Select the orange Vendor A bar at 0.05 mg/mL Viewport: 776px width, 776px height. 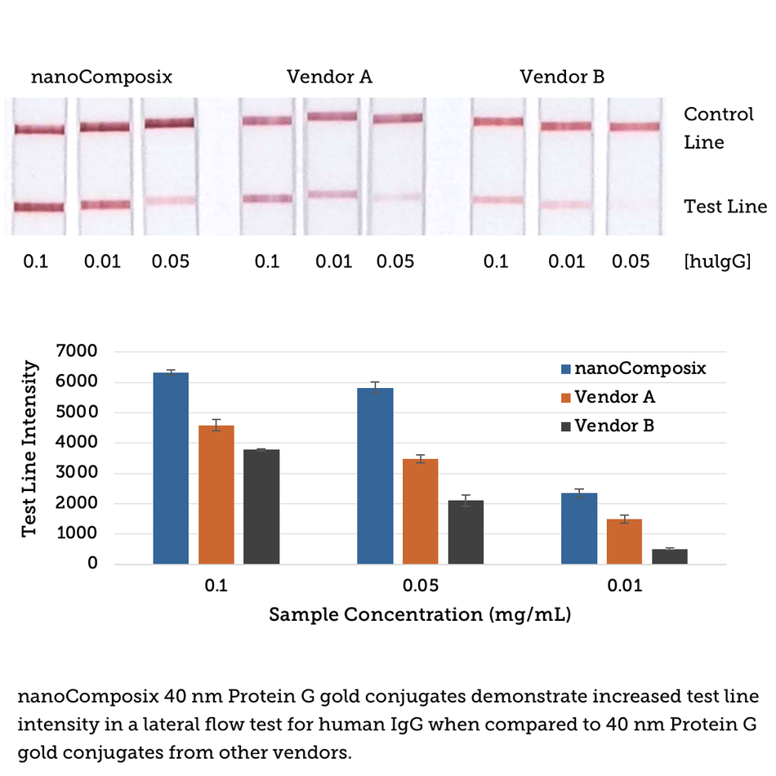click(x=421, y=511)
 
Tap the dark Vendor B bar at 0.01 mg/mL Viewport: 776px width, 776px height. click(x=669, y=556)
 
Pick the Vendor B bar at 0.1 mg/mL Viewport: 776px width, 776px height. click(x=261, y=506)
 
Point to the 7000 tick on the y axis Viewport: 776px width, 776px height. click(x=75, y=352)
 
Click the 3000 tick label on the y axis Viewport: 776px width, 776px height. click(x=75, y=473)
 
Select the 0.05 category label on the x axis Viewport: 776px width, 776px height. click(x=421, y=586)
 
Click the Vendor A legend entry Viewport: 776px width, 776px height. click(x=614, y=398)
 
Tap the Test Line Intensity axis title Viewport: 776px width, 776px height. click(x=29, y=449)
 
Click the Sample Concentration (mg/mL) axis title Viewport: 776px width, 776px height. click(x=420, y=615)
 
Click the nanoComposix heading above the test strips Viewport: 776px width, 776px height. click(x=102, y=78)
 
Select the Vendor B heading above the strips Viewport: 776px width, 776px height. click(x=562, y=78)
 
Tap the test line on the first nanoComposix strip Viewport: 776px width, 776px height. click(x=38, y=207)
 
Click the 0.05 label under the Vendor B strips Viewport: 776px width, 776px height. click(x=630, y=261)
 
